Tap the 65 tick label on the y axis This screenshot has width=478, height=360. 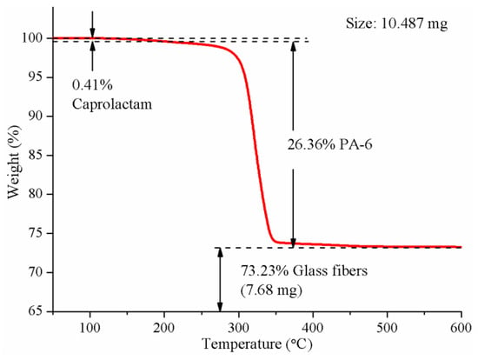pos(36,311)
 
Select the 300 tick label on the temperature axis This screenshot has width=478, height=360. pos(239,329)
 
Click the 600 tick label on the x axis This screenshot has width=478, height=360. pos(461,329)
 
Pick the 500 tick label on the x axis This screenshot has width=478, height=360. pos(387,329)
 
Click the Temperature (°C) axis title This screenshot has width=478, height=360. pos(257,344)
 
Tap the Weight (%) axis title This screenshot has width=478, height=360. pos(14,162)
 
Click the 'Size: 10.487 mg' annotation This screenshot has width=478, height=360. pos(396,23)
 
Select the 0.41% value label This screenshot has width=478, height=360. pos(92,85)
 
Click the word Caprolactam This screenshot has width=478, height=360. pos(112,104)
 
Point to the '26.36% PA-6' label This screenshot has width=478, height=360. pos(330,144)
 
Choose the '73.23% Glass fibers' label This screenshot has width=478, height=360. pos(304,271)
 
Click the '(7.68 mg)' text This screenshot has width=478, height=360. pos(271,290)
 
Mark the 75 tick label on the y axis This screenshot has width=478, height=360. pos(36,233)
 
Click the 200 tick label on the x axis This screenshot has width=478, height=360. pos(164,329)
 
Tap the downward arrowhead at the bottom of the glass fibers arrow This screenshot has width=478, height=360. pos(220,307)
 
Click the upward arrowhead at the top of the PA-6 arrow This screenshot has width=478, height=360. pos(293,46)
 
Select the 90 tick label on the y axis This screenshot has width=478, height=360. pos(36,117)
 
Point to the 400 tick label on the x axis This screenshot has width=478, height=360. pos(313,329)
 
